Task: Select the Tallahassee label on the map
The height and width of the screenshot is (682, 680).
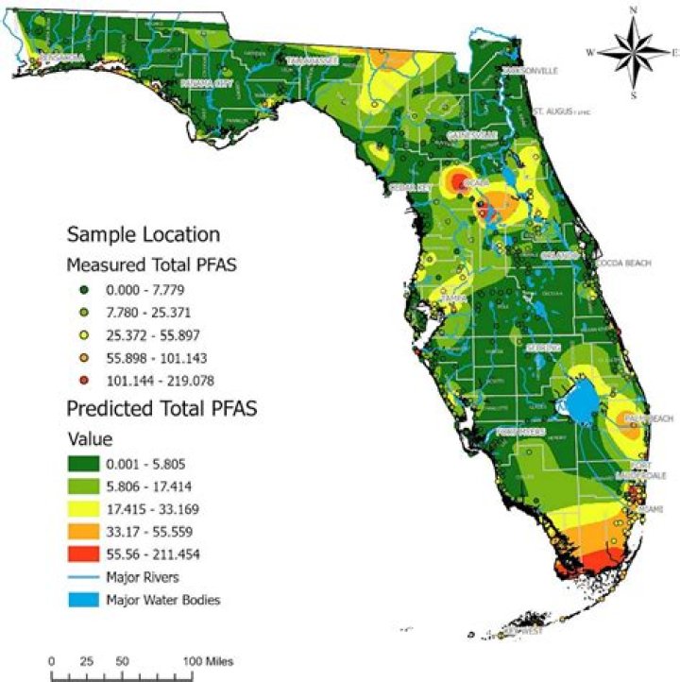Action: [311, 60]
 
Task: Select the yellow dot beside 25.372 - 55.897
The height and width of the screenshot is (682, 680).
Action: [84, 335]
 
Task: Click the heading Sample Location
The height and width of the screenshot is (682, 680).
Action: [143, 234]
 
